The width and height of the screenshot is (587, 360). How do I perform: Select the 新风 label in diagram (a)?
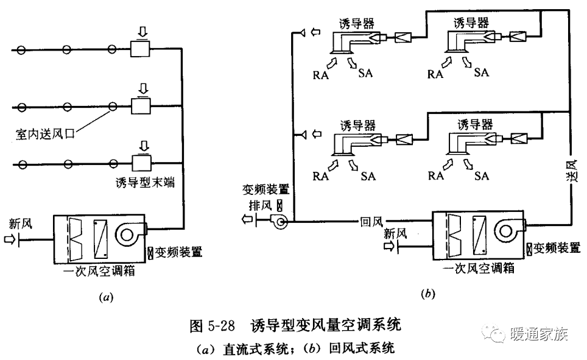click(19, 224)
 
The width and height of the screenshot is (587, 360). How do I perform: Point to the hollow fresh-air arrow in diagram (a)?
click(10, 240)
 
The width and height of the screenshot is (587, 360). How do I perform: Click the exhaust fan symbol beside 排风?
click(281, 223)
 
